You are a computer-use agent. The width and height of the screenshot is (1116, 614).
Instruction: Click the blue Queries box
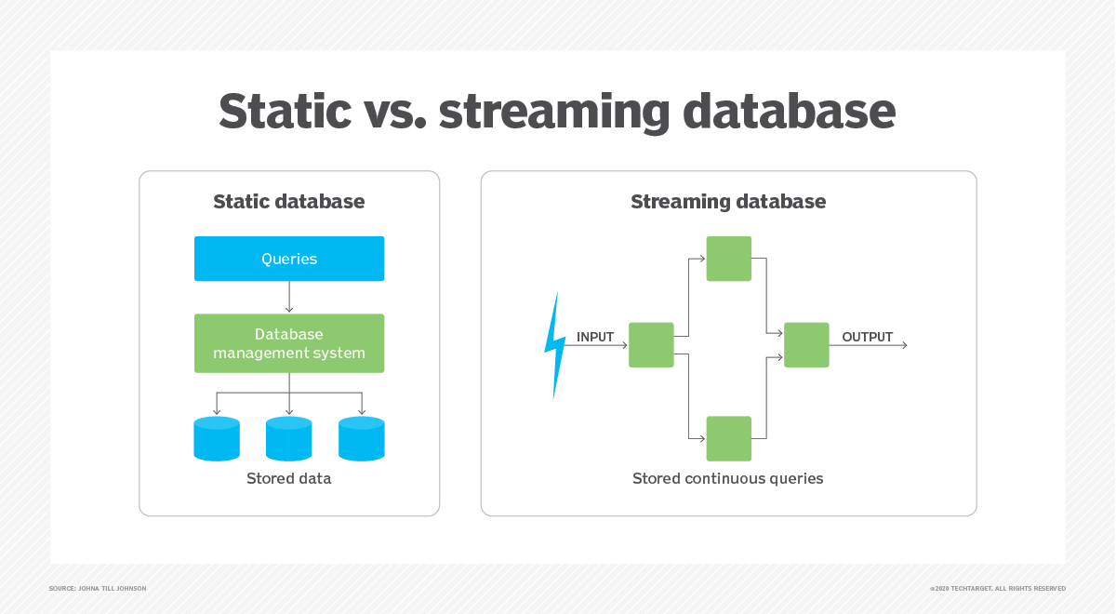[288, 259]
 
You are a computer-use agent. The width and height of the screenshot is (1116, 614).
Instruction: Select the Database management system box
[288, 343]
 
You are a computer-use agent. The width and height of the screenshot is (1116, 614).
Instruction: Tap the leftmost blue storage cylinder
[217, 439]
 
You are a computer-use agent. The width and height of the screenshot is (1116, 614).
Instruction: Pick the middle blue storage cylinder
[288, 439]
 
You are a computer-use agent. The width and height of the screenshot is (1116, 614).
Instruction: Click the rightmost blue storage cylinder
[362, 439]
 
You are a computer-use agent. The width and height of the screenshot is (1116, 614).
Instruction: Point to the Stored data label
[288, 479]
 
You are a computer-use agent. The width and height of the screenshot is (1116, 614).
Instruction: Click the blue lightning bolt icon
[554, 345]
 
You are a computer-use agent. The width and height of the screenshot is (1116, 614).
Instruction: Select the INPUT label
[595, 337]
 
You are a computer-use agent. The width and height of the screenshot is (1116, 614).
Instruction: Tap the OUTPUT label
[867, 337]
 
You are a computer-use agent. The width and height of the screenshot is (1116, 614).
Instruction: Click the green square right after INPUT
[651, 345]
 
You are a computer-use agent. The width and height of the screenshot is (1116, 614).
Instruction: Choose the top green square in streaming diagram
[728, 259]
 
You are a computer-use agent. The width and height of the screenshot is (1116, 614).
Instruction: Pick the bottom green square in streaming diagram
[728, 438]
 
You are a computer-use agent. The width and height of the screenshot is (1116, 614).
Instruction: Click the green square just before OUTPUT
[806, 345]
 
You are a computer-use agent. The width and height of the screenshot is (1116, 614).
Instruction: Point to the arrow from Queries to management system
[289, 298]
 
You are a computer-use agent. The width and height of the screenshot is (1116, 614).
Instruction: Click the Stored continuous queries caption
[727, 479]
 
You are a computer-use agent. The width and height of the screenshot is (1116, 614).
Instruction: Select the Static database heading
[288, 202]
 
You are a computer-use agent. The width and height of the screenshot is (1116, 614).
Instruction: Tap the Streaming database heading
[728, 202]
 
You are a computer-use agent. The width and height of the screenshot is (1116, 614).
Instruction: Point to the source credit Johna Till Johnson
[98, 589]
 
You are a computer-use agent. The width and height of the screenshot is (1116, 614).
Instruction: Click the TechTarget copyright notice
[997, 589]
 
